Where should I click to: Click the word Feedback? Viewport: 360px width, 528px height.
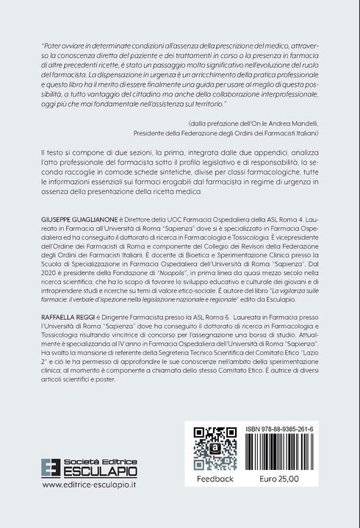click(x=214, y=479)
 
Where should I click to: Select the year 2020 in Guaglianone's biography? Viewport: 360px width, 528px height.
click(x=51, y=285)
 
